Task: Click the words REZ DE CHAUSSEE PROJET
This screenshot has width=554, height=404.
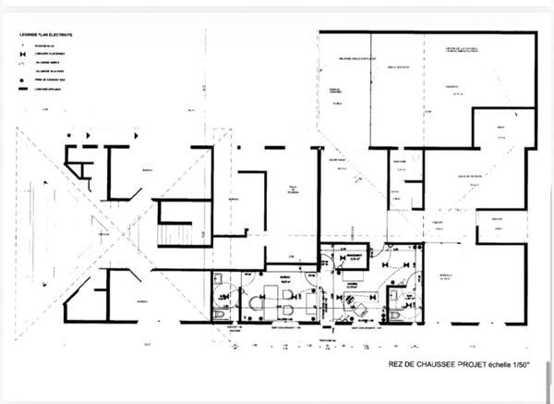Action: [431, 363]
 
